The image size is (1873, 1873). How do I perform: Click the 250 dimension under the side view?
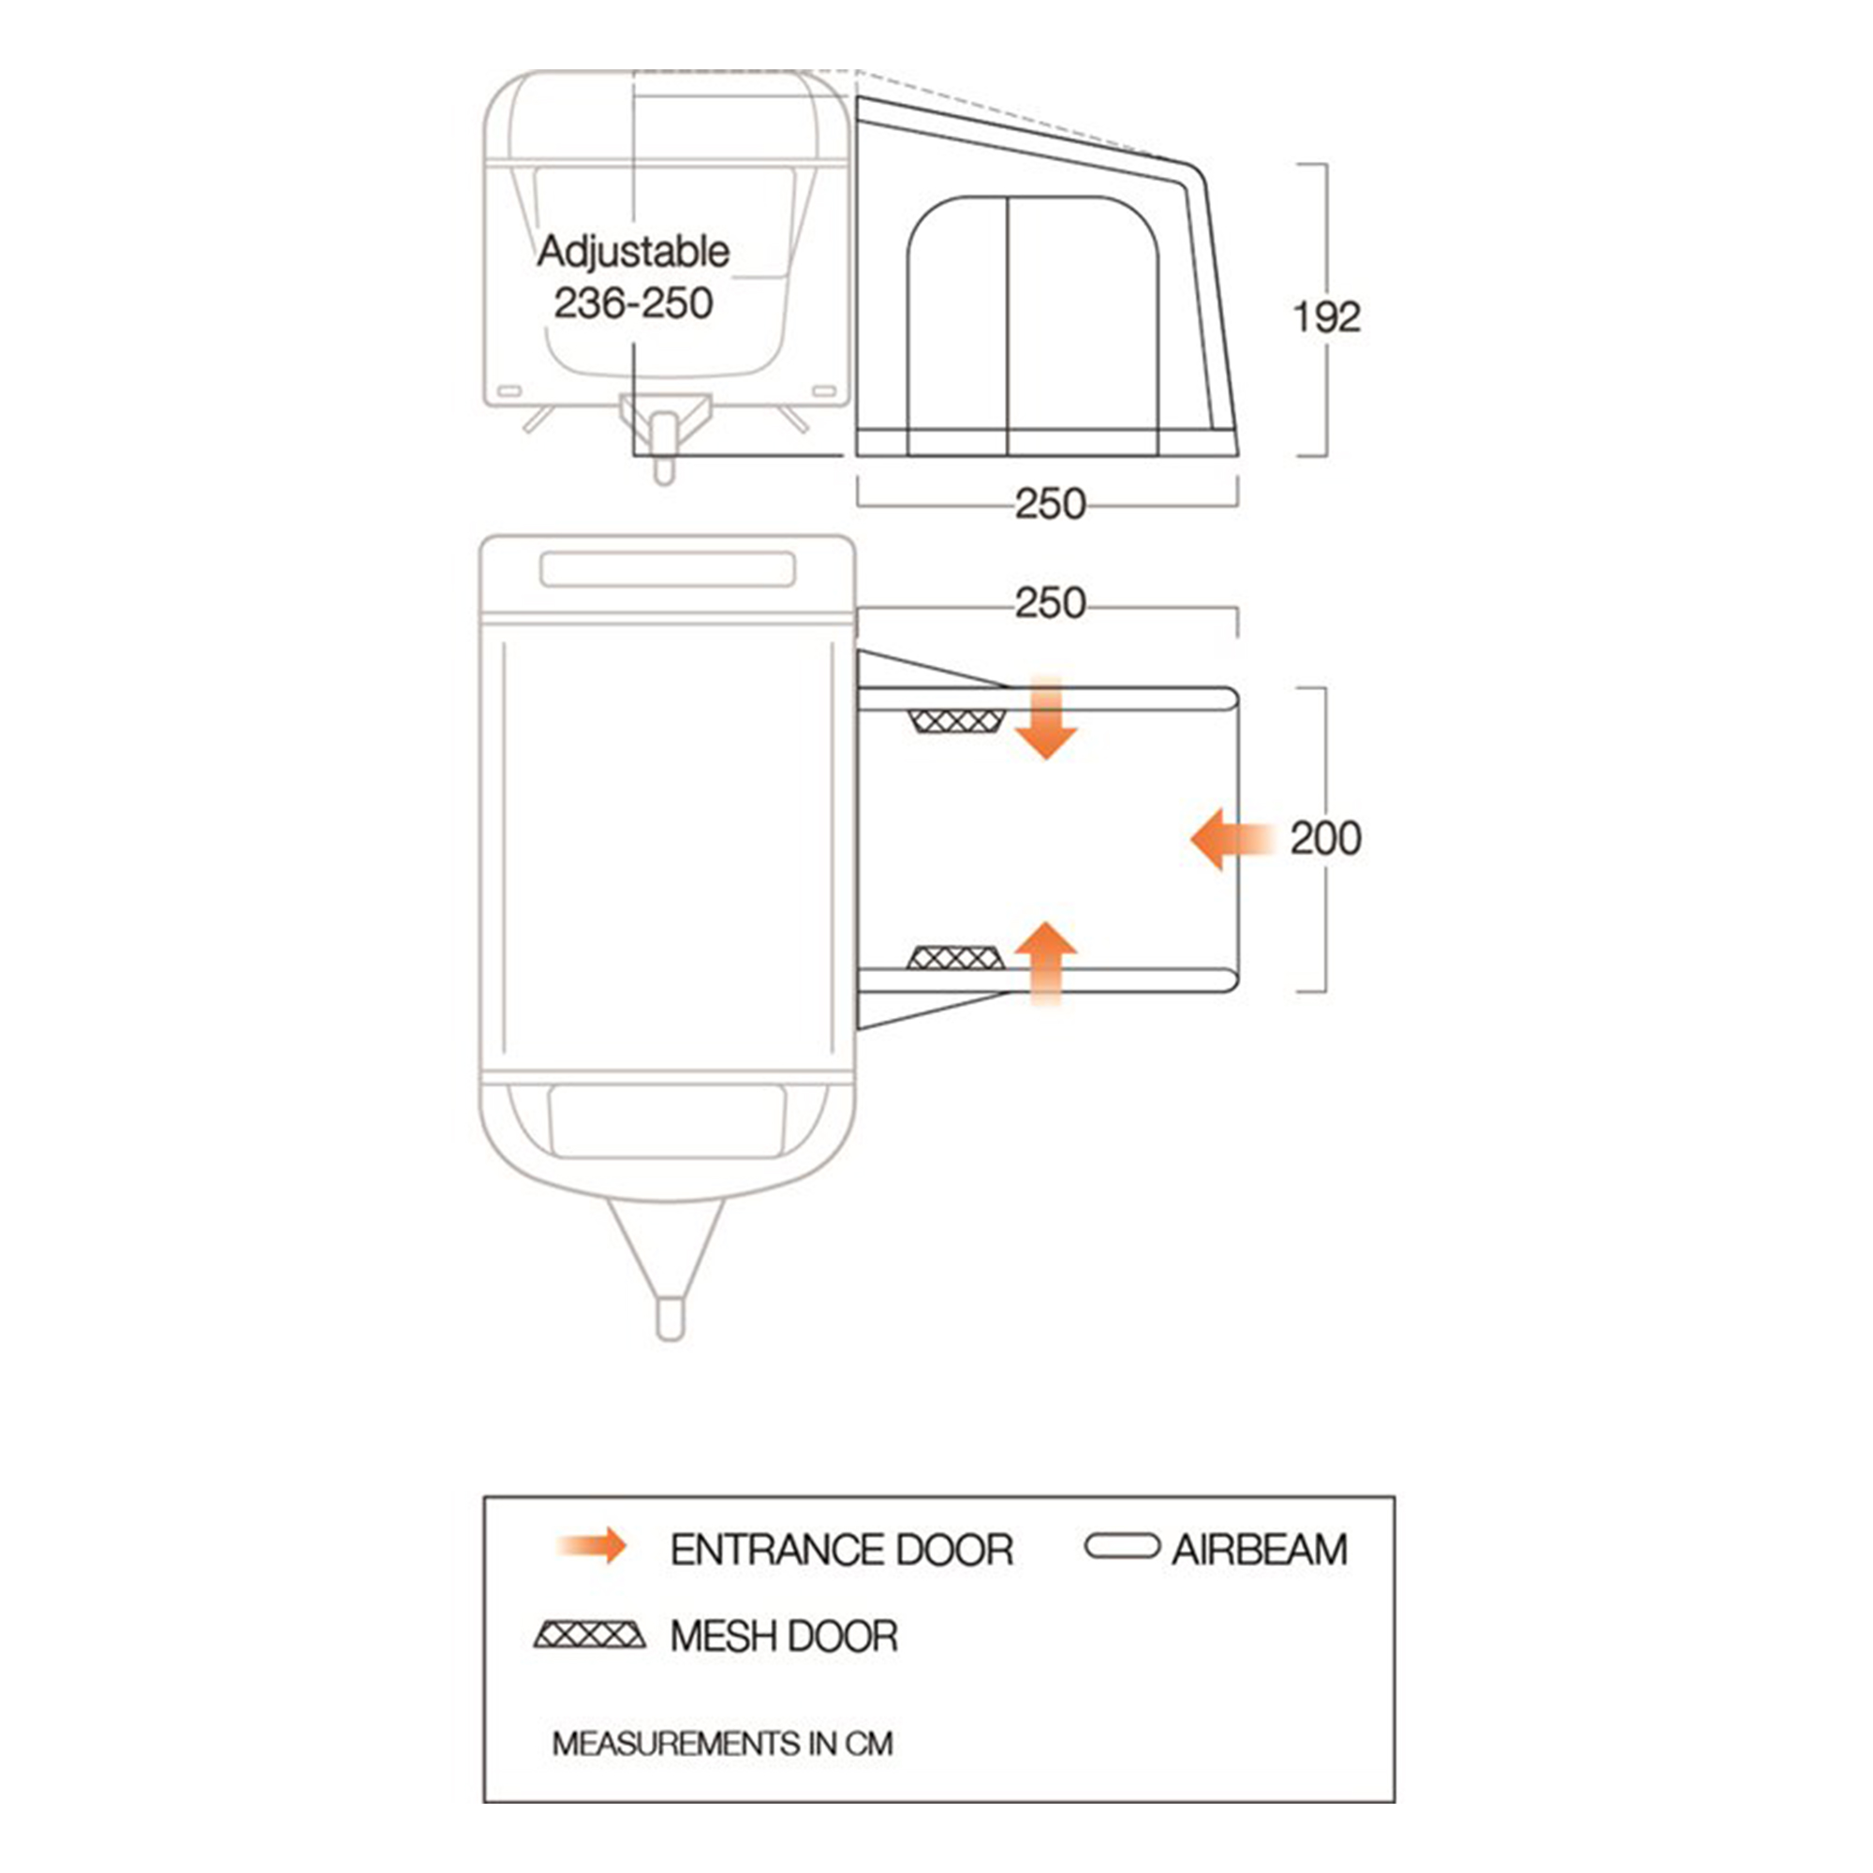pyautogui.click(x=1050, y=504)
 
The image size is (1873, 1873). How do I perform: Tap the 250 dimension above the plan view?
pyautogui.click(x=1050, y=604)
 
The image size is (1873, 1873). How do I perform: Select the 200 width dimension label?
pyautogui.click(x=1325, y=838)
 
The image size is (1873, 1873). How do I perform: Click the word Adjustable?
pyautogui.click(x=633, y=252)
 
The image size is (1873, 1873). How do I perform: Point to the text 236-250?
pyautogui.click(x=633, y=303)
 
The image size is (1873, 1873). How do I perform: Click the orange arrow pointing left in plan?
pyautogui.click(x=1230, y=838)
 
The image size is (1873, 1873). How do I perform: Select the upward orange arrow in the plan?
pyautogui.click(x=1046, y=961)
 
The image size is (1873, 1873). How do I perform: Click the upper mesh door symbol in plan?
pyautogui.click(x=956, y=721)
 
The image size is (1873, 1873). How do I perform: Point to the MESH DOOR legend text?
pyautogui.click(x=783, y=1637)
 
